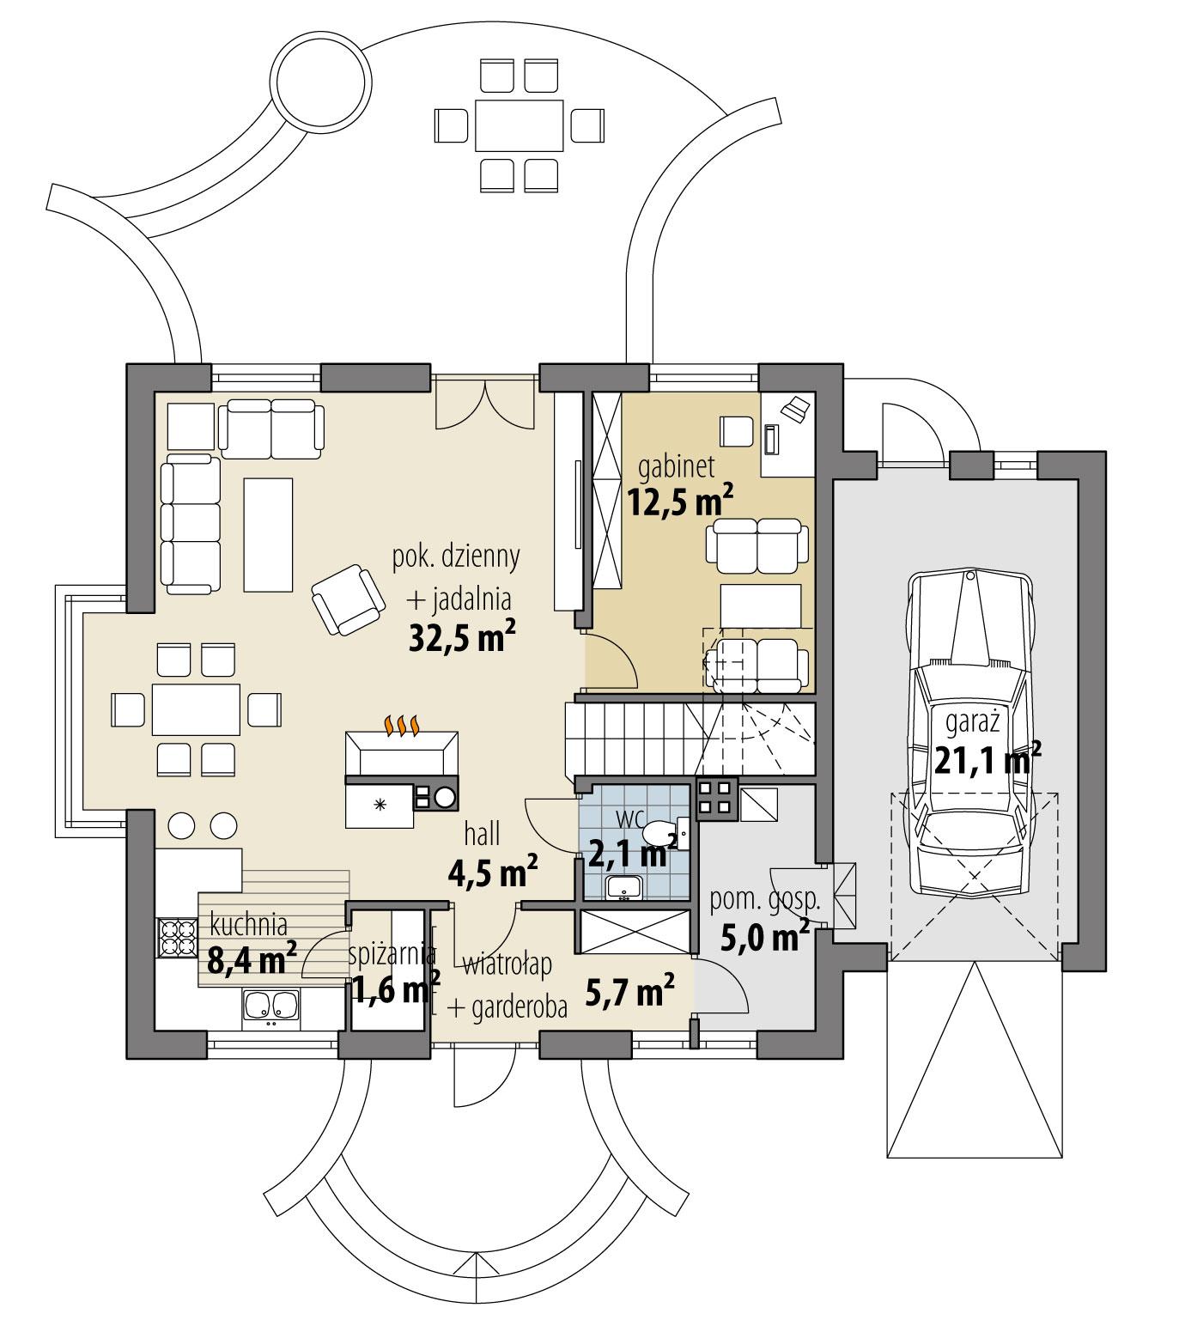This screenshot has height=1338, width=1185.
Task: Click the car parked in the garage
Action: [973, 739]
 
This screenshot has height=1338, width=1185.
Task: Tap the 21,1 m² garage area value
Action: [987, 760]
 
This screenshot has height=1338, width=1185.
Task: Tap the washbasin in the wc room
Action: [623, 887]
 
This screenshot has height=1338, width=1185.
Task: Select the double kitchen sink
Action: [270, 1007]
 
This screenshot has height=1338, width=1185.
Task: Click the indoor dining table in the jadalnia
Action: [195, 709]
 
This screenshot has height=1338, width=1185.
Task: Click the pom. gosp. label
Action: [765, 902]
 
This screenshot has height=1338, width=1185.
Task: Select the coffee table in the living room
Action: [268, 534]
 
